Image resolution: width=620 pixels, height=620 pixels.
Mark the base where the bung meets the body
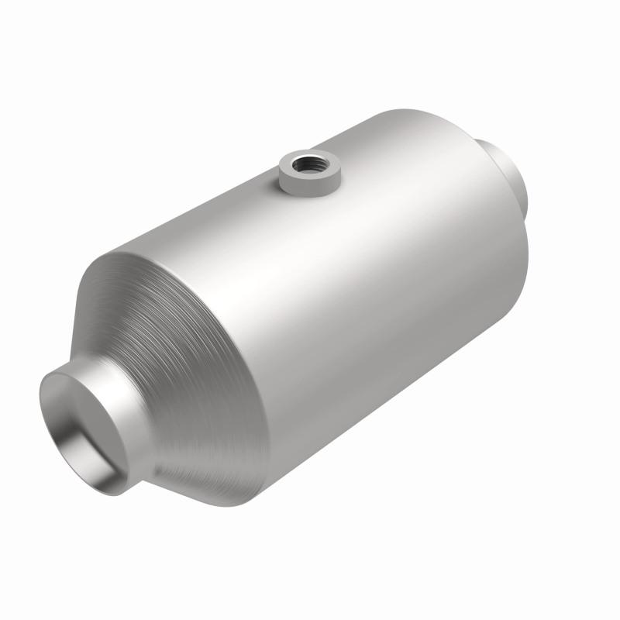pyautogui.click(x=310, y=193)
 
